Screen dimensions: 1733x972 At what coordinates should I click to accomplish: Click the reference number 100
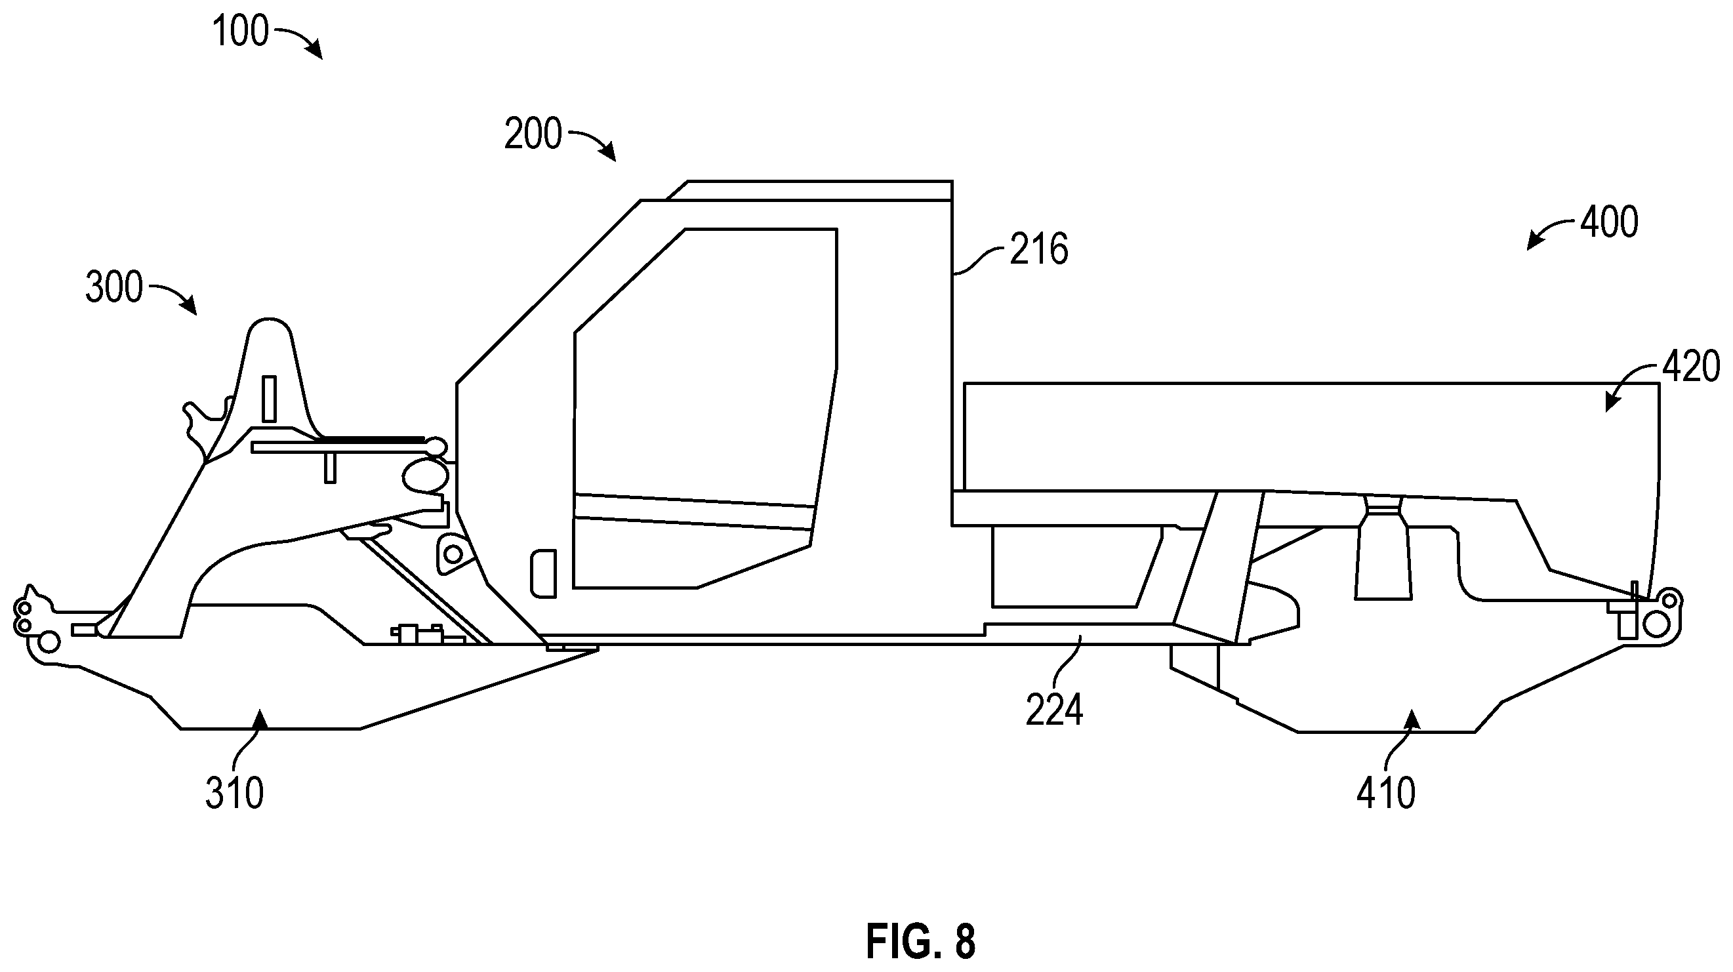[241, 31]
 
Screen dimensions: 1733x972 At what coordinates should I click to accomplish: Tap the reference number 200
[533, 134]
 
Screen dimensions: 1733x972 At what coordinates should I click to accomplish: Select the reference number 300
[114, 287]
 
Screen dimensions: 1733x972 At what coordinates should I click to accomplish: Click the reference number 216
[1039, 249]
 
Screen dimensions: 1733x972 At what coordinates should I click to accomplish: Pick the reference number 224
[1054, 709]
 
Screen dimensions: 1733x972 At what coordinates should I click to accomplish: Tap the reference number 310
[234, 794]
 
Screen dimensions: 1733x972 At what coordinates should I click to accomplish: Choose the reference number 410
[1386, 794]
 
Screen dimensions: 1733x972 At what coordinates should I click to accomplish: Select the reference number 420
[1690, 367]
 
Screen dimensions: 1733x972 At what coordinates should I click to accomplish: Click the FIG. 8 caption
[920, 941]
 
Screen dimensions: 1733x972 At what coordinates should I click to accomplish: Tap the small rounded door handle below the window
[544, 573]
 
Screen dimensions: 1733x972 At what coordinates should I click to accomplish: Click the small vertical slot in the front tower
[268, 399]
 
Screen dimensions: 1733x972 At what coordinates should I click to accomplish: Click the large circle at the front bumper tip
[49, 642]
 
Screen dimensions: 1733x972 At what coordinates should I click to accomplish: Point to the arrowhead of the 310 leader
[260, 720]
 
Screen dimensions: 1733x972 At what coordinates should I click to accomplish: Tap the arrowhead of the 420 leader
[1611, 401]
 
